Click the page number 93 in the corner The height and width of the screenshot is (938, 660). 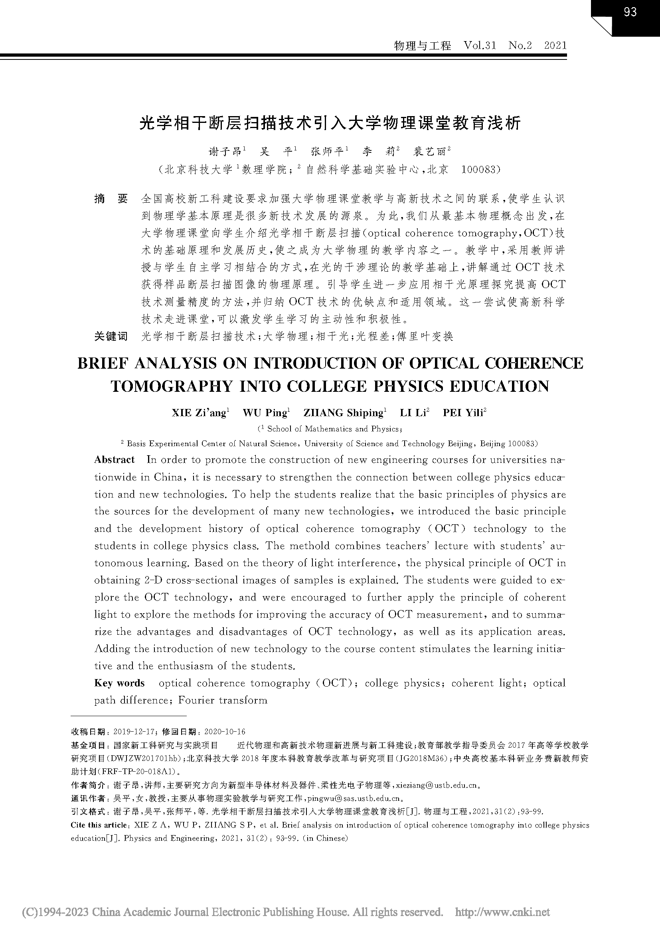pos(630,12)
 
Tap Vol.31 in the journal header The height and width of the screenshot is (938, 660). pos(480,45)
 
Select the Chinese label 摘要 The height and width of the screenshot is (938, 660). pos(111,199)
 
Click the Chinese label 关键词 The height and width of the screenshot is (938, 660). pos(111,336)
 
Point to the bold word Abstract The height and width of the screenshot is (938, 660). pos(115,460)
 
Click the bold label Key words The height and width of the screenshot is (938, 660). pos(119,683)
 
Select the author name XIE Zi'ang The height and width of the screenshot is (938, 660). pos(199,413)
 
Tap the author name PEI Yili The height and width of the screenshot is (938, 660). pos(463,413)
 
